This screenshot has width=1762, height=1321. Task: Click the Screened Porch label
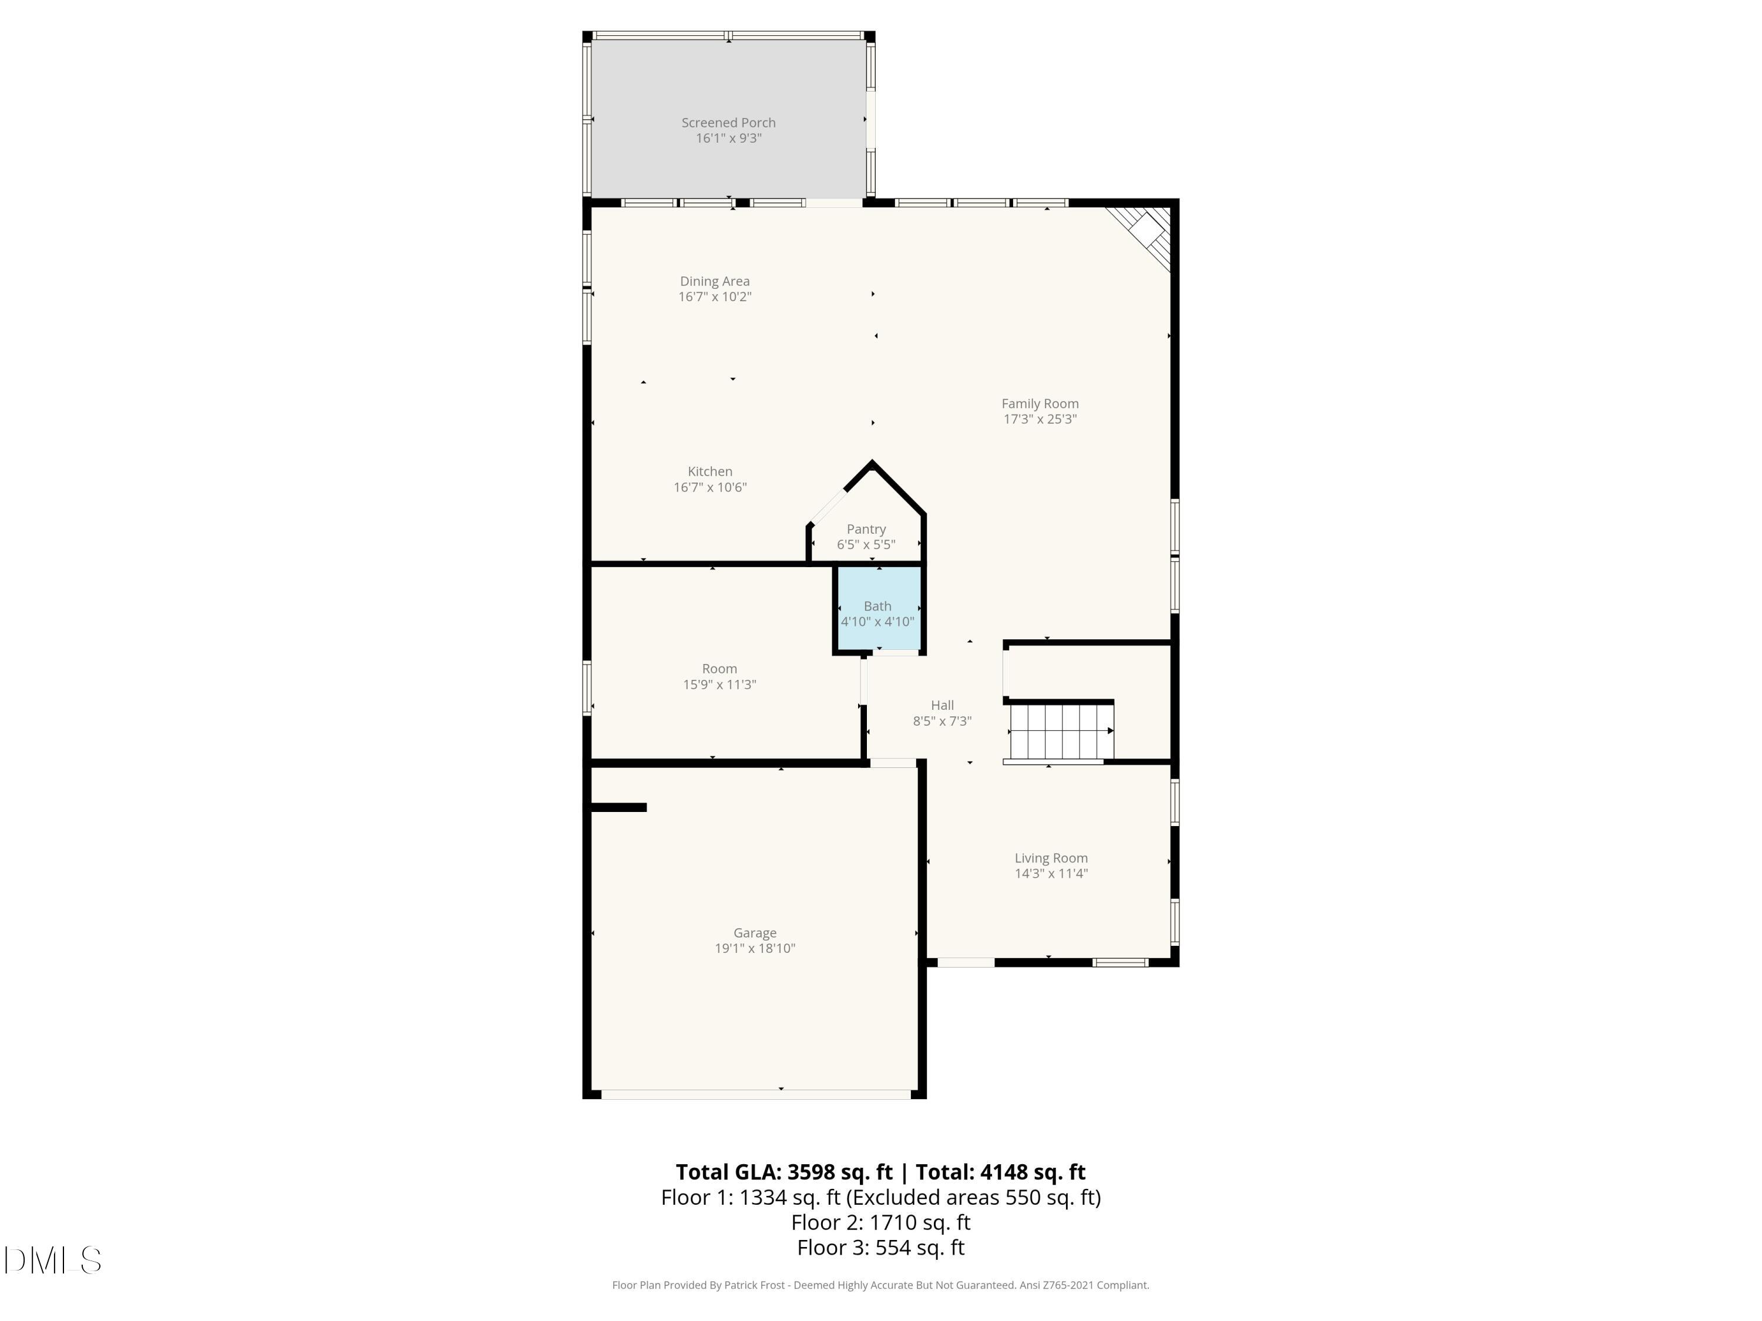tap(728, 123)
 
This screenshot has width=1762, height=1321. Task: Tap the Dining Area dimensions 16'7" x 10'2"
tap(715, 297)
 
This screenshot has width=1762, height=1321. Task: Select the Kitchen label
tap(709, 471)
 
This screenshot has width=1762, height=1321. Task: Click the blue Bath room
tap(878, 609)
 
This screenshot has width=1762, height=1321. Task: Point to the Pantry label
tap(866, 530)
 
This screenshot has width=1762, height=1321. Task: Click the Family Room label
tap(1040, 404)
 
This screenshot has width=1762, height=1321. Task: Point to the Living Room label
tap(1051, 858)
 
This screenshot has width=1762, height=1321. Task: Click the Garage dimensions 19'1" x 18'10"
tap(754, 948)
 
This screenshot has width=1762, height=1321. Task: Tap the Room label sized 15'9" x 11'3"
tap(719, 669)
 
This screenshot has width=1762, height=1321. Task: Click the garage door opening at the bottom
tap(755, 1094)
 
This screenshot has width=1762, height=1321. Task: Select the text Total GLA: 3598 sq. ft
tap(784, 1172)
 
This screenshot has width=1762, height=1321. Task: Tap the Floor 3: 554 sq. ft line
tap(880, 1248)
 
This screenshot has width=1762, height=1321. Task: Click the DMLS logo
tap(53, 1261)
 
